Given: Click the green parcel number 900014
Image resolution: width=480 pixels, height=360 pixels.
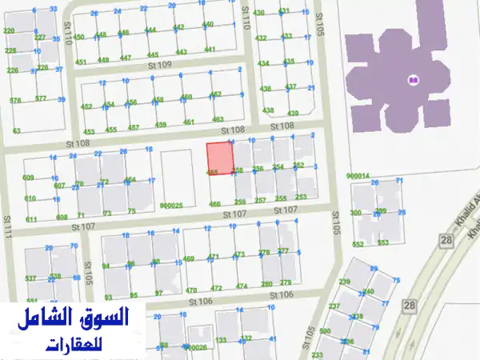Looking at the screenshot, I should click(x=358, y=175).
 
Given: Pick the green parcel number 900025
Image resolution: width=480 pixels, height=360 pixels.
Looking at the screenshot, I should click(x=171, y=206).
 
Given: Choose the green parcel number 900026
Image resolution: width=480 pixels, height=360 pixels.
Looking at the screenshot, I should click(x=196, y=348).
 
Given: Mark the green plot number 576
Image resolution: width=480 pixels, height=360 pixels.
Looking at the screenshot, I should click(x=15, y=100).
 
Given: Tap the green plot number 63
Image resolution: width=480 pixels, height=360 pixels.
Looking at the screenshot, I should click(x=16, y=130).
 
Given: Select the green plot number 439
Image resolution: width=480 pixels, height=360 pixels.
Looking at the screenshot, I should click(x=293, y=113).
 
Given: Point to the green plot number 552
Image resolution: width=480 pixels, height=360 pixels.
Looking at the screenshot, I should click(x=358, y=244).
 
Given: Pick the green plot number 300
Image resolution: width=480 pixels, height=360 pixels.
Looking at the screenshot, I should click(x=356, y=213).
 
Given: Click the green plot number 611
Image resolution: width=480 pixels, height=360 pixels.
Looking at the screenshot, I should click(x=31, y=219).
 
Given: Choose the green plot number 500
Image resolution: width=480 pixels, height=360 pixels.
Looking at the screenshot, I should click(x=324, y=331).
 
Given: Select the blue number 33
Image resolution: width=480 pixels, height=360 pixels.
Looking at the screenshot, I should click(x=53, y=9).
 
